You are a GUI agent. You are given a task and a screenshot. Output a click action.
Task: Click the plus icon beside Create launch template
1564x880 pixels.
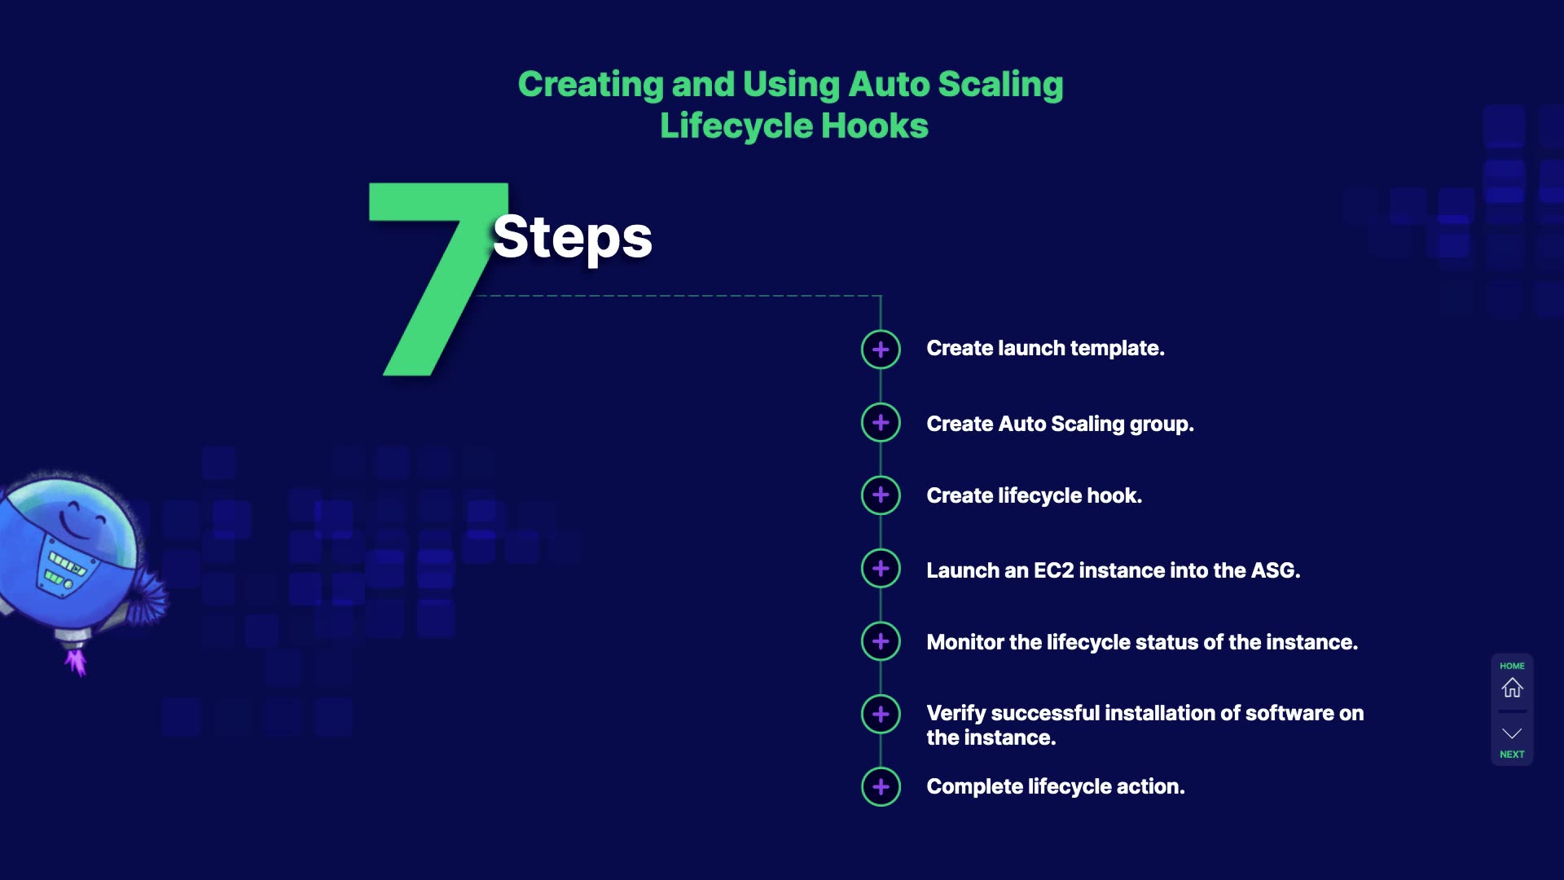point(881,350)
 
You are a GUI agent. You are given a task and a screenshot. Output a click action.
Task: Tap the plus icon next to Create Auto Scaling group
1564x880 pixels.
point(881,422)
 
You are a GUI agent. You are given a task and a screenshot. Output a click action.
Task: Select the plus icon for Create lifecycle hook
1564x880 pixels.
point(881,495)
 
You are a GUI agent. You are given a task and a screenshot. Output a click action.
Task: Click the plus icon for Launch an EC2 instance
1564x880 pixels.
point(881,568)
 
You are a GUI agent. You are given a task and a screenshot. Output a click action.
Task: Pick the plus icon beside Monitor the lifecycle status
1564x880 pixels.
point(881,641)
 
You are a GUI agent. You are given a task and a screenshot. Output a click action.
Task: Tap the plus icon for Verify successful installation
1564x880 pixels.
point(881,714)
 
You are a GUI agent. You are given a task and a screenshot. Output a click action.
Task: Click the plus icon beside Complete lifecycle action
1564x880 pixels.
point(881,786)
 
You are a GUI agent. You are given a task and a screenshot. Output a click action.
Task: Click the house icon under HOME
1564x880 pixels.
point(1512,688)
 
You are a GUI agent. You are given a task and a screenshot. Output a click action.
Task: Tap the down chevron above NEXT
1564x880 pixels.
point(1512,733)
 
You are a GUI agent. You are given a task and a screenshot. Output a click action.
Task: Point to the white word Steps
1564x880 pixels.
point(572,237)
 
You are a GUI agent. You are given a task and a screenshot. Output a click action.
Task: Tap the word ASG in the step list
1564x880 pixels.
point(1274,570)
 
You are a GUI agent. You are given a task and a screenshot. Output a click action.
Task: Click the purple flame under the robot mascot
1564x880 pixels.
point(77,660)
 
